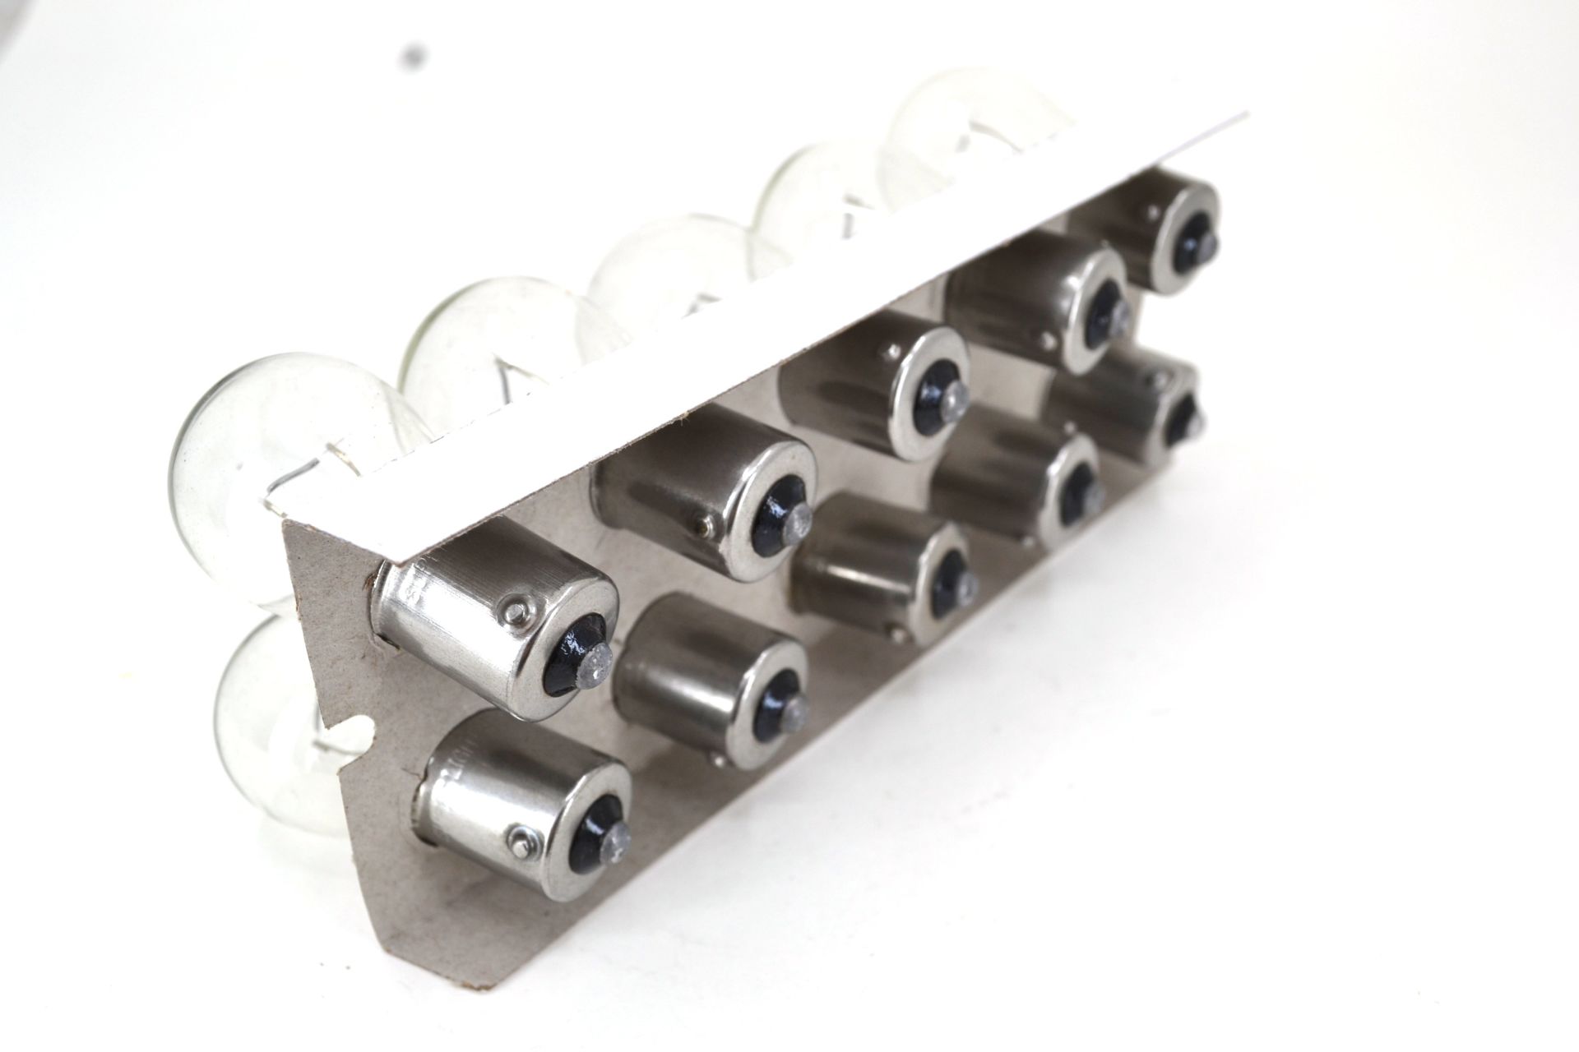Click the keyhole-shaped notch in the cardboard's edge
[x=362, y=724]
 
